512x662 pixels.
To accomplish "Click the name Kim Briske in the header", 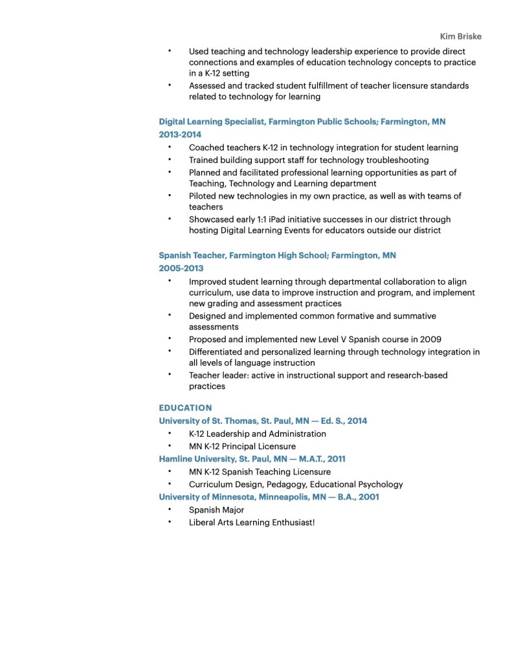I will [460, 36].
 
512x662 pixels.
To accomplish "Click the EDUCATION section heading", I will [185, 408].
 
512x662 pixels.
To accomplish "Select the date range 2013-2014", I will [180, 135].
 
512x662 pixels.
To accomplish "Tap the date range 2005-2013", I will [181, 268].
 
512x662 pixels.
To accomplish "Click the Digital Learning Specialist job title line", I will [302, 122].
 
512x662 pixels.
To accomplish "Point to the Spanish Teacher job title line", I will [277, 256].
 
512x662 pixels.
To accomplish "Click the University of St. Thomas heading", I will [263, 421].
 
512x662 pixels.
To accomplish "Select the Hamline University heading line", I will [252, 459].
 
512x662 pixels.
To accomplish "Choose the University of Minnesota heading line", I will [269, 497].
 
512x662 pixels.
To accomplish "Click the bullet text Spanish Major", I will [216, 510].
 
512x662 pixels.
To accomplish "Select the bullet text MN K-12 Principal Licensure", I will [242, 447].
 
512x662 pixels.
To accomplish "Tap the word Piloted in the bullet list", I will [204, 196].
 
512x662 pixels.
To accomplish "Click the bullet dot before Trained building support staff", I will [170, 159].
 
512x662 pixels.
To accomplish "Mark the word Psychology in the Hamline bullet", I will [380, 484].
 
